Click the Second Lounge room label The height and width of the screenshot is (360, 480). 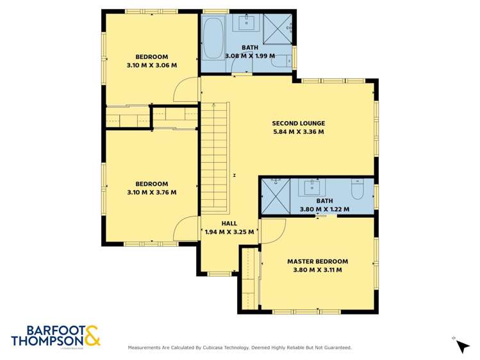point(299,123)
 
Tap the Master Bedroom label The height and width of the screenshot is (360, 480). point(317,261)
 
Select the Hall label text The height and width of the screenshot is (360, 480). point(229,224)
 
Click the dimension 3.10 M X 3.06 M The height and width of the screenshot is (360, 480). point(152,65)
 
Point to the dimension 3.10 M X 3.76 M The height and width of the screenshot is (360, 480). point(152,192)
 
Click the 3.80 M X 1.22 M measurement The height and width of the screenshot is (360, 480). point(324,209)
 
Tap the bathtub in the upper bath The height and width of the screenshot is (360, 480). point(213,38)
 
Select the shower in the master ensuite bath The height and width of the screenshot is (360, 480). point(276,197)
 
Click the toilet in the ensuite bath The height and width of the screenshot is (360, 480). point(358,189)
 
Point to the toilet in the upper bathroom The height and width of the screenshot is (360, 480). point(282,61)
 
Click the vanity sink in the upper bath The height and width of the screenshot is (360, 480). point(247,23)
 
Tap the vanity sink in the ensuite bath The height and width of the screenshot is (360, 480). point(311,187)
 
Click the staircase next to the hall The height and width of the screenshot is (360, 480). point(215,158)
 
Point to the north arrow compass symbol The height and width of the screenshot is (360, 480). point(462,347)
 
